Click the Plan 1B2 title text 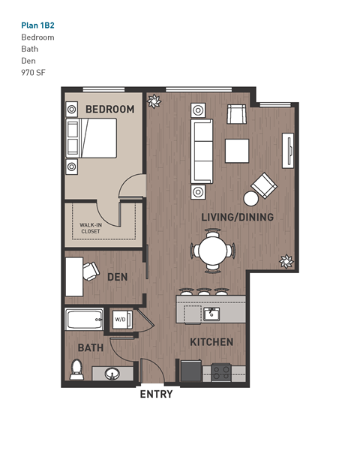pos(37,25)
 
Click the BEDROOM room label pos(109,110)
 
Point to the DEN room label pos(117,277)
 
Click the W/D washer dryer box pos(120,320)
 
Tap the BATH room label pos(90,348)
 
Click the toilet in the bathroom pos(76,369)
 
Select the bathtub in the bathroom pos(84,320)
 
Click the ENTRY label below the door pos(156,394)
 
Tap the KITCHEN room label pos(211,342)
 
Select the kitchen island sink pos(211,313)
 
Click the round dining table pos(212,251)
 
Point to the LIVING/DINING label pos(237,218)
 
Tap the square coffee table pos(237,150)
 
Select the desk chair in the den pos(91,270)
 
